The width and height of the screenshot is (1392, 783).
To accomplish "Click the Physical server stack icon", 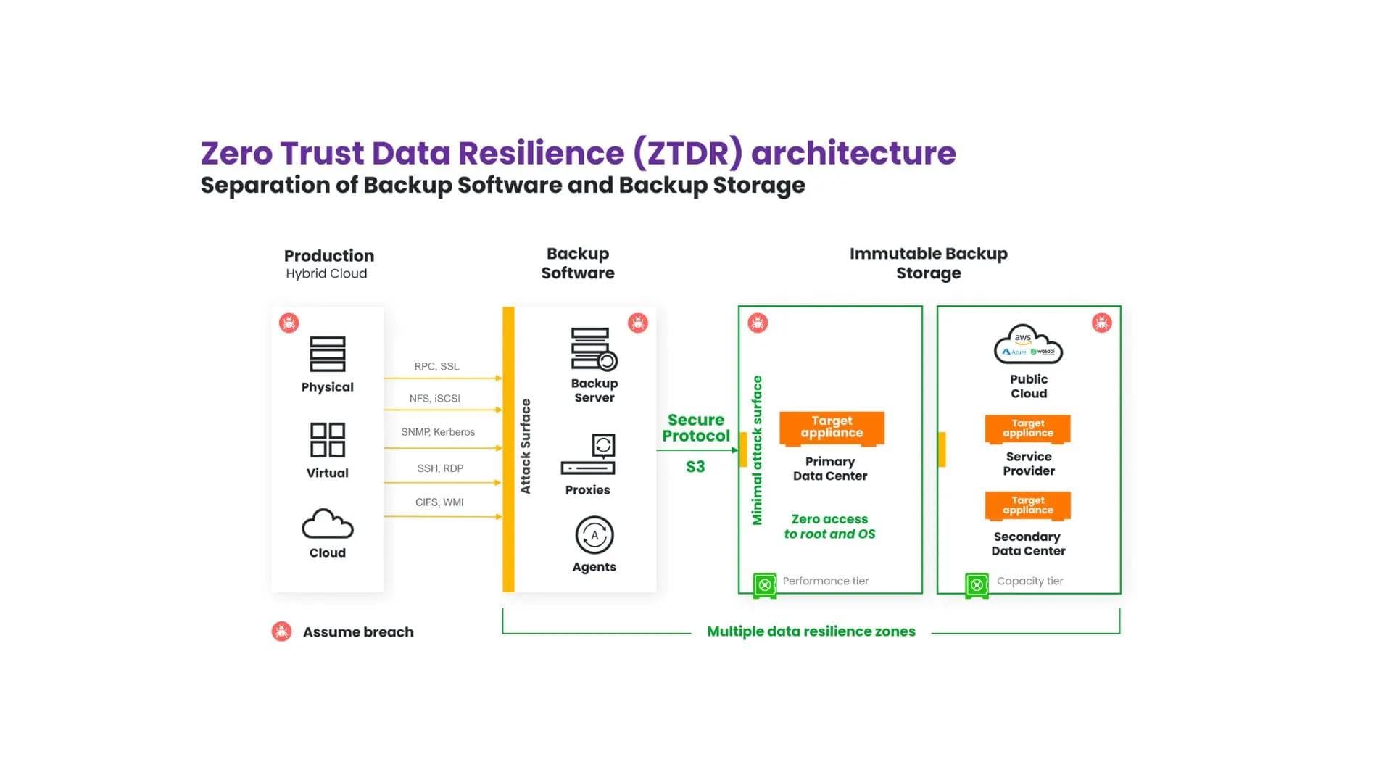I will coord(328,354).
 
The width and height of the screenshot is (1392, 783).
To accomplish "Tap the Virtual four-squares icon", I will coord(328,440).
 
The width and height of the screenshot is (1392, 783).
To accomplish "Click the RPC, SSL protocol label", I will coord(436,366).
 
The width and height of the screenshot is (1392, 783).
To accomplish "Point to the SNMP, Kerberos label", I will coord(438,432).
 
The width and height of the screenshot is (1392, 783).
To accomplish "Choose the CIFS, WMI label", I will coord(439,502).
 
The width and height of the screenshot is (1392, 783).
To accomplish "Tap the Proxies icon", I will coord(589,455).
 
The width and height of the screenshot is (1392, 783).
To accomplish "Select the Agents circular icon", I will coord(594,536).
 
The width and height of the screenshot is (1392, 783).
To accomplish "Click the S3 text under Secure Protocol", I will coord(695,467).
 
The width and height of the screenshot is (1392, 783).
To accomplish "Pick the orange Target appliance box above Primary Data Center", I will coord(832,428).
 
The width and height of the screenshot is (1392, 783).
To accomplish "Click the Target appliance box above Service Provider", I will coord(1028,428).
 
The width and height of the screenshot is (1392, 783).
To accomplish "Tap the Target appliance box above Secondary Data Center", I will coord(1028,505).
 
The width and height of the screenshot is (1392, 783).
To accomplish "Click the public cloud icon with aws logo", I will coord(1028,345).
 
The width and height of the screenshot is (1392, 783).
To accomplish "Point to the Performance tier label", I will coord(825,581).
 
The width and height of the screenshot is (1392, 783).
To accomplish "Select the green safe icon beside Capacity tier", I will coord(977,584).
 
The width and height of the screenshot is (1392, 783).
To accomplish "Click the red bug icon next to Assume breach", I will coord(282,631).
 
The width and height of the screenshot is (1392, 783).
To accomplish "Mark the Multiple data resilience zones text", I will coord(811,631).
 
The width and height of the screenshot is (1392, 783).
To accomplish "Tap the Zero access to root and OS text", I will coord(829,526).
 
